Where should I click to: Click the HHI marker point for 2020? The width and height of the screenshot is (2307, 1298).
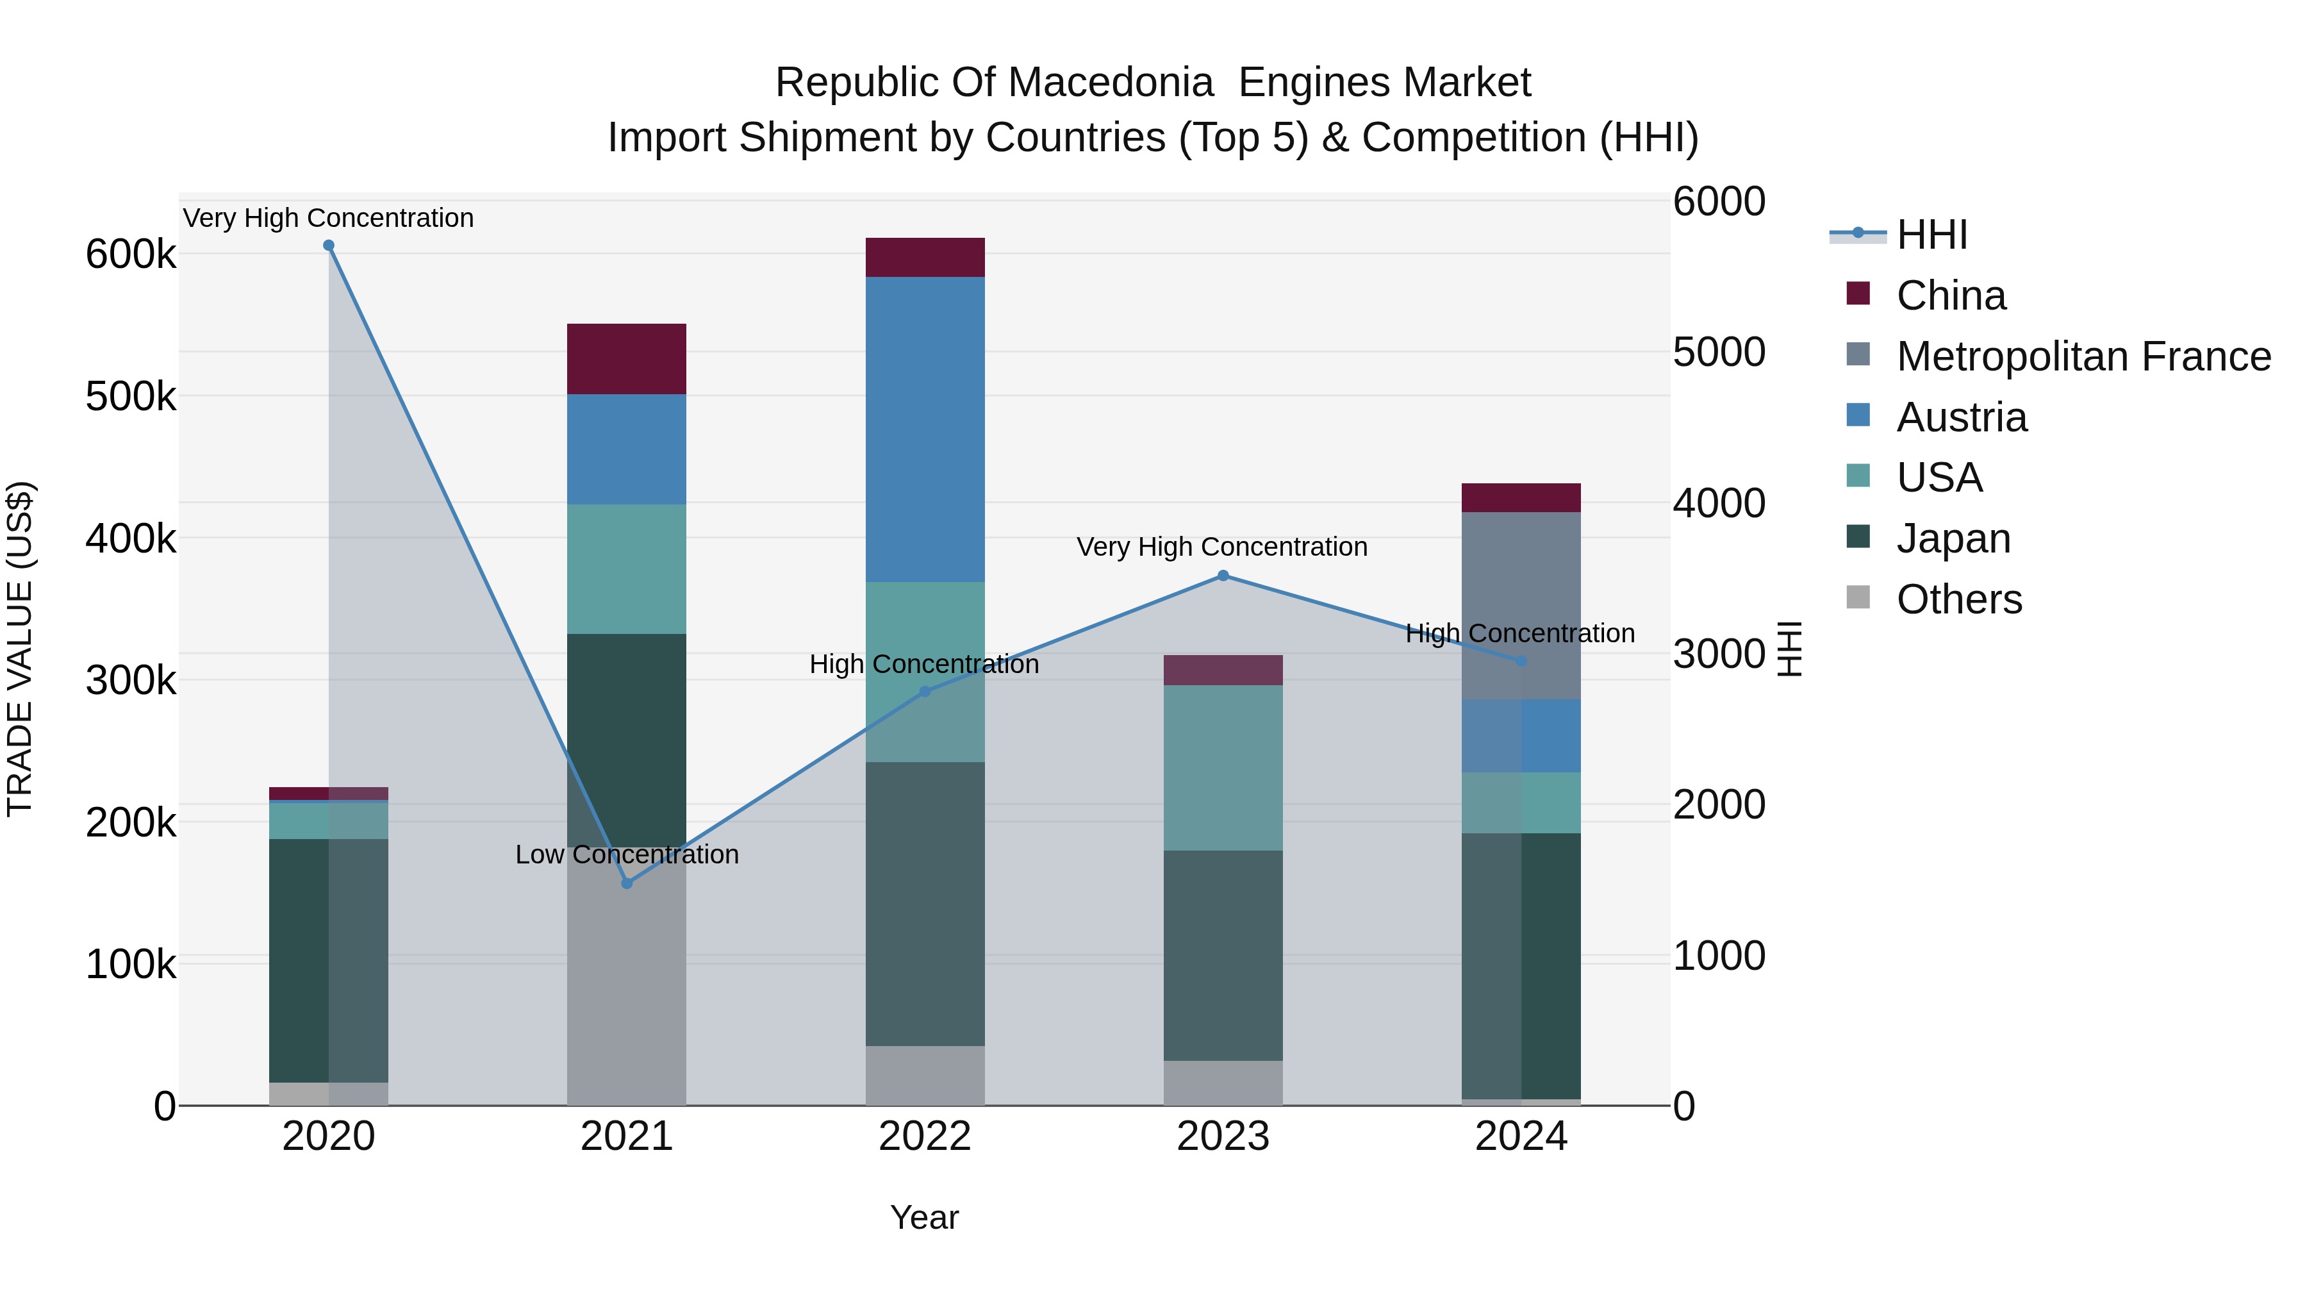pos(329,245)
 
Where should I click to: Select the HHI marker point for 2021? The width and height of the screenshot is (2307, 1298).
pos(627,883)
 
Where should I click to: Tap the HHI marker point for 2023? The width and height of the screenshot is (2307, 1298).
pos(1223,576)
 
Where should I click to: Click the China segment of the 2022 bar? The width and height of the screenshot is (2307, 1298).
pos(925,257)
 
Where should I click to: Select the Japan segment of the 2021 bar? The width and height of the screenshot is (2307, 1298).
pos(627,740)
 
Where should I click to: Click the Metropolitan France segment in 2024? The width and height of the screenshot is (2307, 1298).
pos(1521,606)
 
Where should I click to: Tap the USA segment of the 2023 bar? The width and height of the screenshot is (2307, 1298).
pos(1223,768)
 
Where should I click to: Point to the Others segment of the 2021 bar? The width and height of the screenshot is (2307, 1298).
pos(627,976)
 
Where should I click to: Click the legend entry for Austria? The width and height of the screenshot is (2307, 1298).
pos(1962,417)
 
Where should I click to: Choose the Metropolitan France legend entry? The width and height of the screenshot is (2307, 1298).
pos(2083,356)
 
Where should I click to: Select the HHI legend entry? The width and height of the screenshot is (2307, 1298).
pos(1931,235)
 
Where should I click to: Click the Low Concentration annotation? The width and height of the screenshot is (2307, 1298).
pos(627,854)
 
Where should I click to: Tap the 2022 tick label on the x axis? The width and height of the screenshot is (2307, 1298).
pos(925,1136)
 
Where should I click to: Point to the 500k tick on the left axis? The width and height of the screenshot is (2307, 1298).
pos(131,397)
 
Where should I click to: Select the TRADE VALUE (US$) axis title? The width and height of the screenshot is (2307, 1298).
pos(20,649)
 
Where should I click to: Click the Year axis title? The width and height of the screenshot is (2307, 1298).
pos(924,1217)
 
